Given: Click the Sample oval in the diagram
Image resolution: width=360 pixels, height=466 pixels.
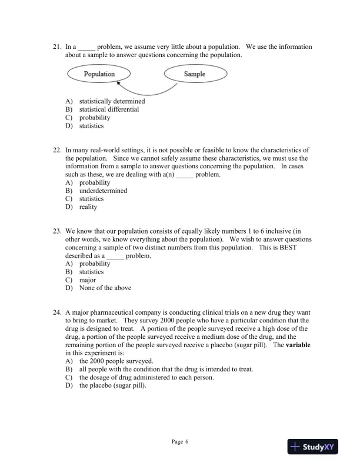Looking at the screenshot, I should [195, 74].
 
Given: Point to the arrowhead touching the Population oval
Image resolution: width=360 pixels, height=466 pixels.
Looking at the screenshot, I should [119, 85].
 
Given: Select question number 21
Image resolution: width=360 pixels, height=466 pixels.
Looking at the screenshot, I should [57, 46].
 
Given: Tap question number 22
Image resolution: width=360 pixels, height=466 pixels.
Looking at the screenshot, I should [57, 150].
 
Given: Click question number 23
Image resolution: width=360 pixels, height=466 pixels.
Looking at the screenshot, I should [57, 231].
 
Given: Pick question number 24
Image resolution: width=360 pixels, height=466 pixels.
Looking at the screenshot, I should [57, 312].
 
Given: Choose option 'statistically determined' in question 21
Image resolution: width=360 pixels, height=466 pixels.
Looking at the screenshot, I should [112, 101].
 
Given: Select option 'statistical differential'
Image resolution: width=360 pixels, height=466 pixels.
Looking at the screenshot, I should [109, 109].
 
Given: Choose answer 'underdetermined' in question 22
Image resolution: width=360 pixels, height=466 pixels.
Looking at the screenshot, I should [103, 191].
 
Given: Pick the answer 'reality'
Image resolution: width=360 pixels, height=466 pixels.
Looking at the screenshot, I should [88, 207].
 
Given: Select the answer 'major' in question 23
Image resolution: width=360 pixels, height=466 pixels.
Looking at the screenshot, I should [88, 280].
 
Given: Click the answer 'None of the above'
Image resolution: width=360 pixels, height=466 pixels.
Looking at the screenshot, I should [105, 288].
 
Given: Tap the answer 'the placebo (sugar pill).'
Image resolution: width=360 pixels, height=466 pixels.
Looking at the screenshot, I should [112, 386].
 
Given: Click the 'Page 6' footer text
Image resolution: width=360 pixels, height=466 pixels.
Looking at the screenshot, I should [180, 442].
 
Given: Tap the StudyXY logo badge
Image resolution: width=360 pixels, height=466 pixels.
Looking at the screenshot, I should [316, 447].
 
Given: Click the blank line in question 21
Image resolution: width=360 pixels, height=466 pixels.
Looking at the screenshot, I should [86, 47].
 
